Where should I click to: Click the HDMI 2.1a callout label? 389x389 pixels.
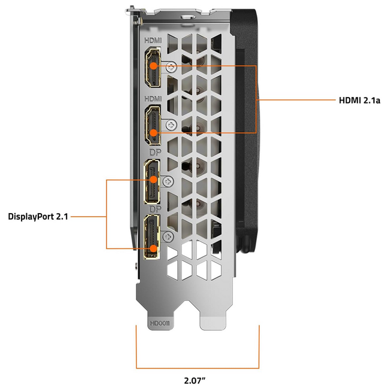coord(359,100)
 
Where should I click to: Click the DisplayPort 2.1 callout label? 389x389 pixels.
coord(38,216)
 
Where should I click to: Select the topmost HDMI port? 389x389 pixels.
coord(154,67)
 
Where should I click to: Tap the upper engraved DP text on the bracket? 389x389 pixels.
coord(153,153)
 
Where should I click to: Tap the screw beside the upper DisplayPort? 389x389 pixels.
coord(169,181)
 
